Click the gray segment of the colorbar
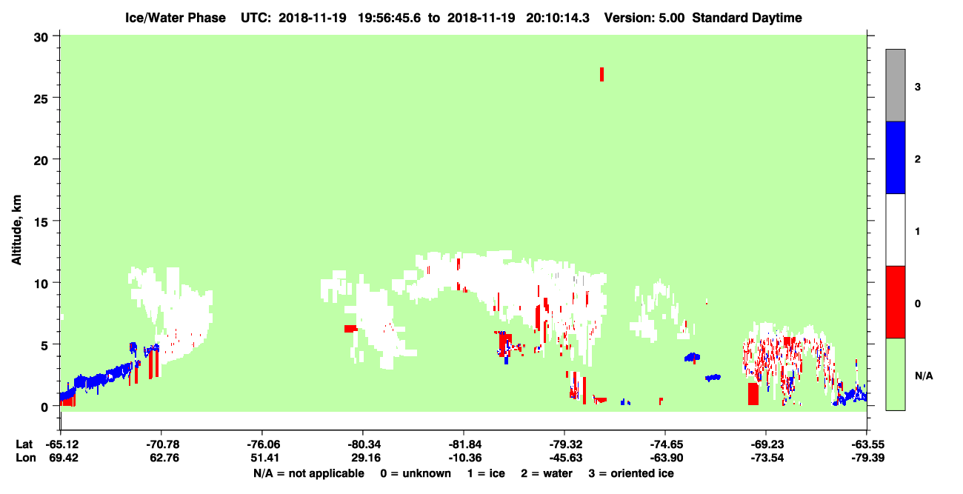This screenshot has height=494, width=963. coord(896,85)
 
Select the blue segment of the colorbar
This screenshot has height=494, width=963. coord(896,157)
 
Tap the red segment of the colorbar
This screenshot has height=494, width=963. coord(896,302)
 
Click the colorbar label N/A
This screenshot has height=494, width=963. coord(924,375)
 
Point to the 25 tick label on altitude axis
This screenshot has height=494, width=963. coord(41,99)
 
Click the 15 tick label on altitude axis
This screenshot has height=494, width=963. coord(41,222)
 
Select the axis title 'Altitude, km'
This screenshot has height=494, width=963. coord(16,230)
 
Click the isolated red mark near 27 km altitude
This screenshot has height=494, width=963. coord(602,74)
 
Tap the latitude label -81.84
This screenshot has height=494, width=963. coord(464,444)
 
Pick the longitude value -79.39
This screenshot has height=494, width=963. coord(868,458)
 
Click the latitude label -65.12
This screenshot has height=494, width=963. coord(62,444)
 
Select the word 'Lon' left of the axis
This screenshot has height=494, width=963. coord(26,458)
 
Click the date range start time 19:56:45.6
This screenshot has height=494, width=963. coord(389,18)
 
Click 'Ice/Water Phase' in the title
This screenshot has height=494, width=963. coord(176,18)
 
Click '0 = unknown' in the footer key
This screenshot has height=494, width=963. coord(416,473)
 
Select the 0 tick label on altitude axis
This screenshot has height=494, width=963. coord(44,407)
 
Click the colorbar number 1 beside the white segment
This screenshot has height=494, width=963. coord(917,231)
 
